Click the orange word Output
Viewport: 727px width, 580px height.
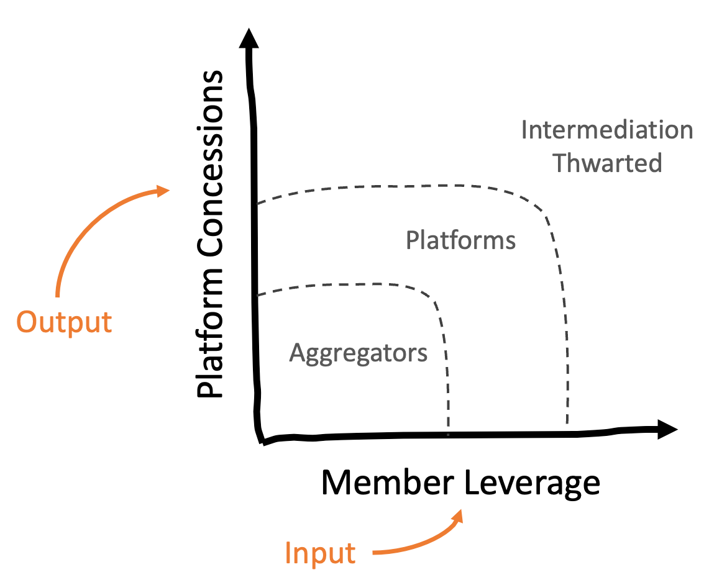pos(64,323)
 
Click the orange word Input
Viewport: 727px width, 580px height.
pos(320,553)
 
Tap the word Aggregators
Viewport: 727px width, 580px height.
pos(359,353)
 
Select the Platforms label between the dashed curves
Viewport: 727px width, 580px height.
pos(460,240)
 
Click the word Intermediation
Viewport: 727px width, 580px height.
pos(606,130)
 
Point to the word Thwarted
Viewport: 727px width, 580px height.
pos(608,163)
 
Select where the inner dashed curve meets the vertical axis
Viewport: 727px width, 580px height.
pos(256,295)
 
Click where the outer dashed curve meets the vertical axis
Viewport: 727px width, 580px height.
pos(255,203)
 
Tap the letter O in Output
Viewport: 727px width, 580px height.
pos(26,323)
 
